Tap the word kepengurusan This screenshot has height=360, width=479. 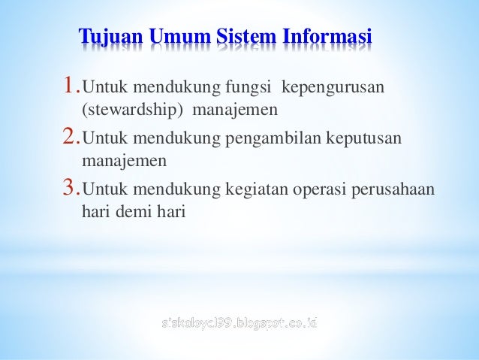coord(333,90)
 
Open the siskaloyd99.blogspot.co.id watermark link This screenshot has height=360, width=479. coord(239,324)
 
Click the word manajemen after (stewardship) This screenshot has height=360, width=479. coord(235,111)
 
